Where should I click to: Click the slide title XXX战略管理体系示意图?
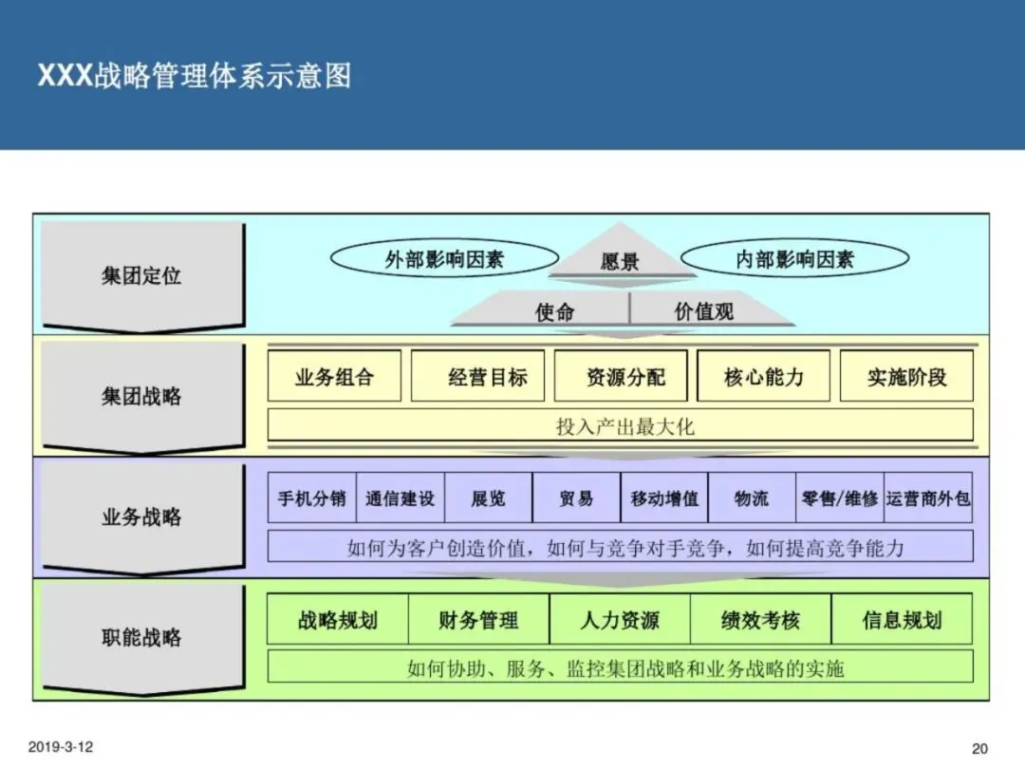click(x=195, y=76)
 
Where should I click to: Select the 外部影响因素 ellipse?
click(x=444, y=259)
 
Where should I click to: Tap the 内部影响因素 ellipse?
click(x=795, y=259)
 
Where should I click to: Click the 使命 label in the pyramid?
click(x=554, y=311)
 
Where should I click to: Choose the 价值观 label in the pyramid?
click(x=703, y=311)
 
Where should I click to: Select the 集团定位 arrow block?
click(x=141, y=276)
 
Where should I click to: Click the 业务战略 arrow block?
click(x=141, y=517)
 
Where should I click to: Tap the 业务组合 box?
click(x=335, y=377)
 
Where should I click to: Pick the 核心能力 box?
click(x=764, y=377)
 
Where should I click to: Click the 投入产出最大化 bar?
click(x=621, y=426)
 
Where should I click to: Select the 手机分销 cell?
click(x=312, y=498)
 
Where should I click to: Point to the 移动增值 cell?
click(x=664, y=498)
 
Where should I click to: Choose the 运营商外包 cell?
click(x=928, y=498)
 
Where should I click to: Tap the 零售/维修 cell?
click(x=840, y=498)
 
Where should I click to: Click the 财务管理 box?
click(x=479, y=621)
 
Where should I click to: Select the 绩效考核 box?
click(x=760, y=621)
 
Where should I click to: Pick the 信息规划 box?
click(x=902, y=621)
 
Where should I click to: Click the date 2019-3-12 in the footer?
click(x=61, y=747)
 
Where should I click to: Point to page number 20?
click(x=979, y=748)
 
